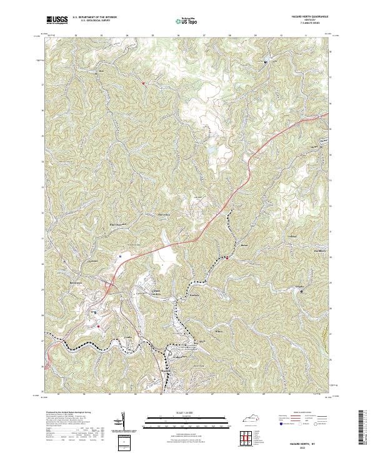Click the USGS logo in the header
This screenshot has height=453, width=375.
(57, 21)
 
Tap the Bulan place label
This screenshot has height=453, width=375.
(244, 245)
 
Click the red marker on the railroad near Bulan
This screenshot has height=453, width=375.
(227, 257)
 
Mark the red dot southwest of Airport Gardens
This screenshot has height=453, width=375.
(98, 326)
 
